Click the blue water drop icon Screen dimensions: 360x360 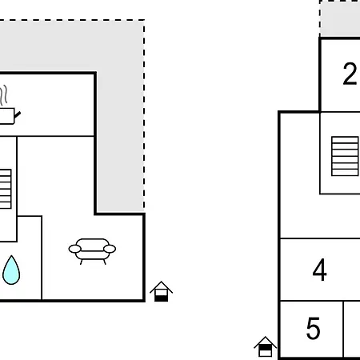pyautogui.click(x=11, y=270)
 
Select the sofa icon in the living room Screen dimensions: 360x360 pyautogui.click(x=92, y=251)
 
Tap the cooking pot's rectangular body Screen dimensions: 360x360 pyautogui.click(x=6, y=116)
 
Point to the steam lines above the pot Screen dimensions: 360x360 pyautogui.click(x=4, y=94)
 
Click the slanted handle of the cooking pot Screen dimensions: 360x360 pyautogui.click(x=18, y=115)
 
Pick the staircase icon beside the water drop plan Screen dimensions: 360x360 pyautogui.click(x=6, y=189)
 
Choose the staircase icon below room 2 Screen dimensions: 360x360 pyautogui.click(x=345, y=156)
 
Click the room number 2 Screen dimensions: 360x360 pyautogui.click(x=350, y=74)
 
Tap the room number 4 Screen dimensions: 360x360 pyautogui.click(x=319, y=270)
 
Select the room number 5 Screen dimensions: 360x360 pyautogui.click(x=314, y=328)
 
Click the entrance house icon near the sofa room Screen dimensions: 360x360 pyautogui.click(x=161, y=291)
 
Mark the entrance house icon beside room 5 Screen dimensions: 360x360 pyautogui.click(x=265, y=346)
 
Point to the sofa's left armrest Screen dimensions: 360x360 pyautogui.click(x=74, y=249)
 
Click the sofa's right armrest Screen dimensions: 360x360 pyautogui.click(x=110, y=249)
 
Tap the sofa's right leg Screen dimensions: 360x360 pyautogui.click(x=105, y=262)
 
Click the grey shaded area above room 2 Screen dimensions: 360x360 pyautogui.click(x=340, y=19)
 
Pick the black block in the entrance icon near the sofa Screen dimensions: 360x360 pyautogui.click(x=162, y=298)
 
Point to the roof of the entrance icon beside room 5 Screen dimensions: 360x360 pyautogui.click(x=265, y=342)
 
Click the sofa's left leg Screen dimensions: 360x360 pyautogui.click(x=82, y=262)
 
